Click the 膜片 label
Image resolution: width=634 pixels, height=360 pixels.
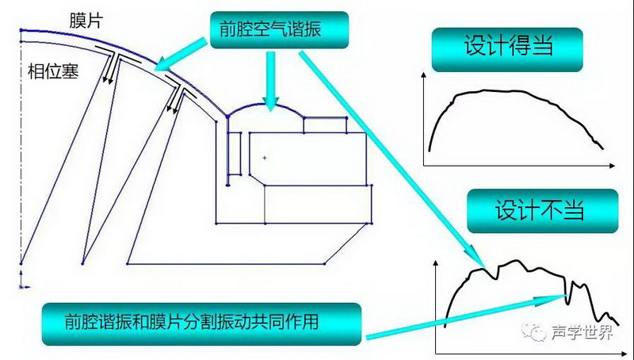click(86, 20)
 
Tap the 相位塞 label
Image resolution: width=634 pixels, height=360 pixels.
click(53, 71)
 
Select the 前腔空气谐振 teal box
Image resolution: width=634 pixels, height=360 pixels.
click(279, 30)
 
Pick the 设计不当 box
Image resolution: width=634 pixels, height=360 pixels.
click(543, 211)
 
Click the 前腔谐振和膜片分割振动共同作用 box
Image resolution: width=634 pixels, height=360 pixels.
click(201, 324)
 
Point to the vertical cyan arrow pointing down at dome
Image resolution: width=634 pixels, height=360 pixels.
click(271, 81)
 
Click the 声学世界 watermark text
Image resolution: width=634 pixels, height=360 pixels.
click(582, 332)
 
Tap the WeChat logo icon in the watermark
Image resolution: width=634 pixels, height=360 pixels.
click(533, 331)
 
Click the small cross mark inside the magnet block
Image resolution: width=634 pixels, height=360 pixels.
click(265, 158)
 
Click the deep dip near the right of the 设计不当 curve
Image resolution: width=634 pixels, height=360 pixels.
click(568, 302)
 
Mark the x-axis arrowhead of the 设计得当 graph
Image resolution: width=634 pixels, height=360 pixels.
click(612, 166)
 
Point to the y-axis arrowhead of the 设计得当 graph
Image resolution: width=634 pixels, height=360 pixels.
click(423, 75)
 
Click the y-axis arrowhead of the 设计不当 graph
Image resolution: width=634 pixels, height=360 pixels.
click(435, 263)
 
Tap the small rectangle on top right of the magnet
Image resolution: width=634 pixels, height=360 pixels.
click(325, 124)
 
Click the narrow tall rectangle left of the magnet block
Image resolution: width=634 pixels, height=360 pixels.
click(235, 154)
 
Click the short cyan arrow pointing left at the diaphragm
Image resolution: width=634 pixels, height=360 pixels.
click(181, 55)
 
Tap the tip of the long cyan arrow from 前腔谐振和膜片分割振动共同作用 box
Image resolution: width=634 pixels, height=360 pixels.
click(566, 296)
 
